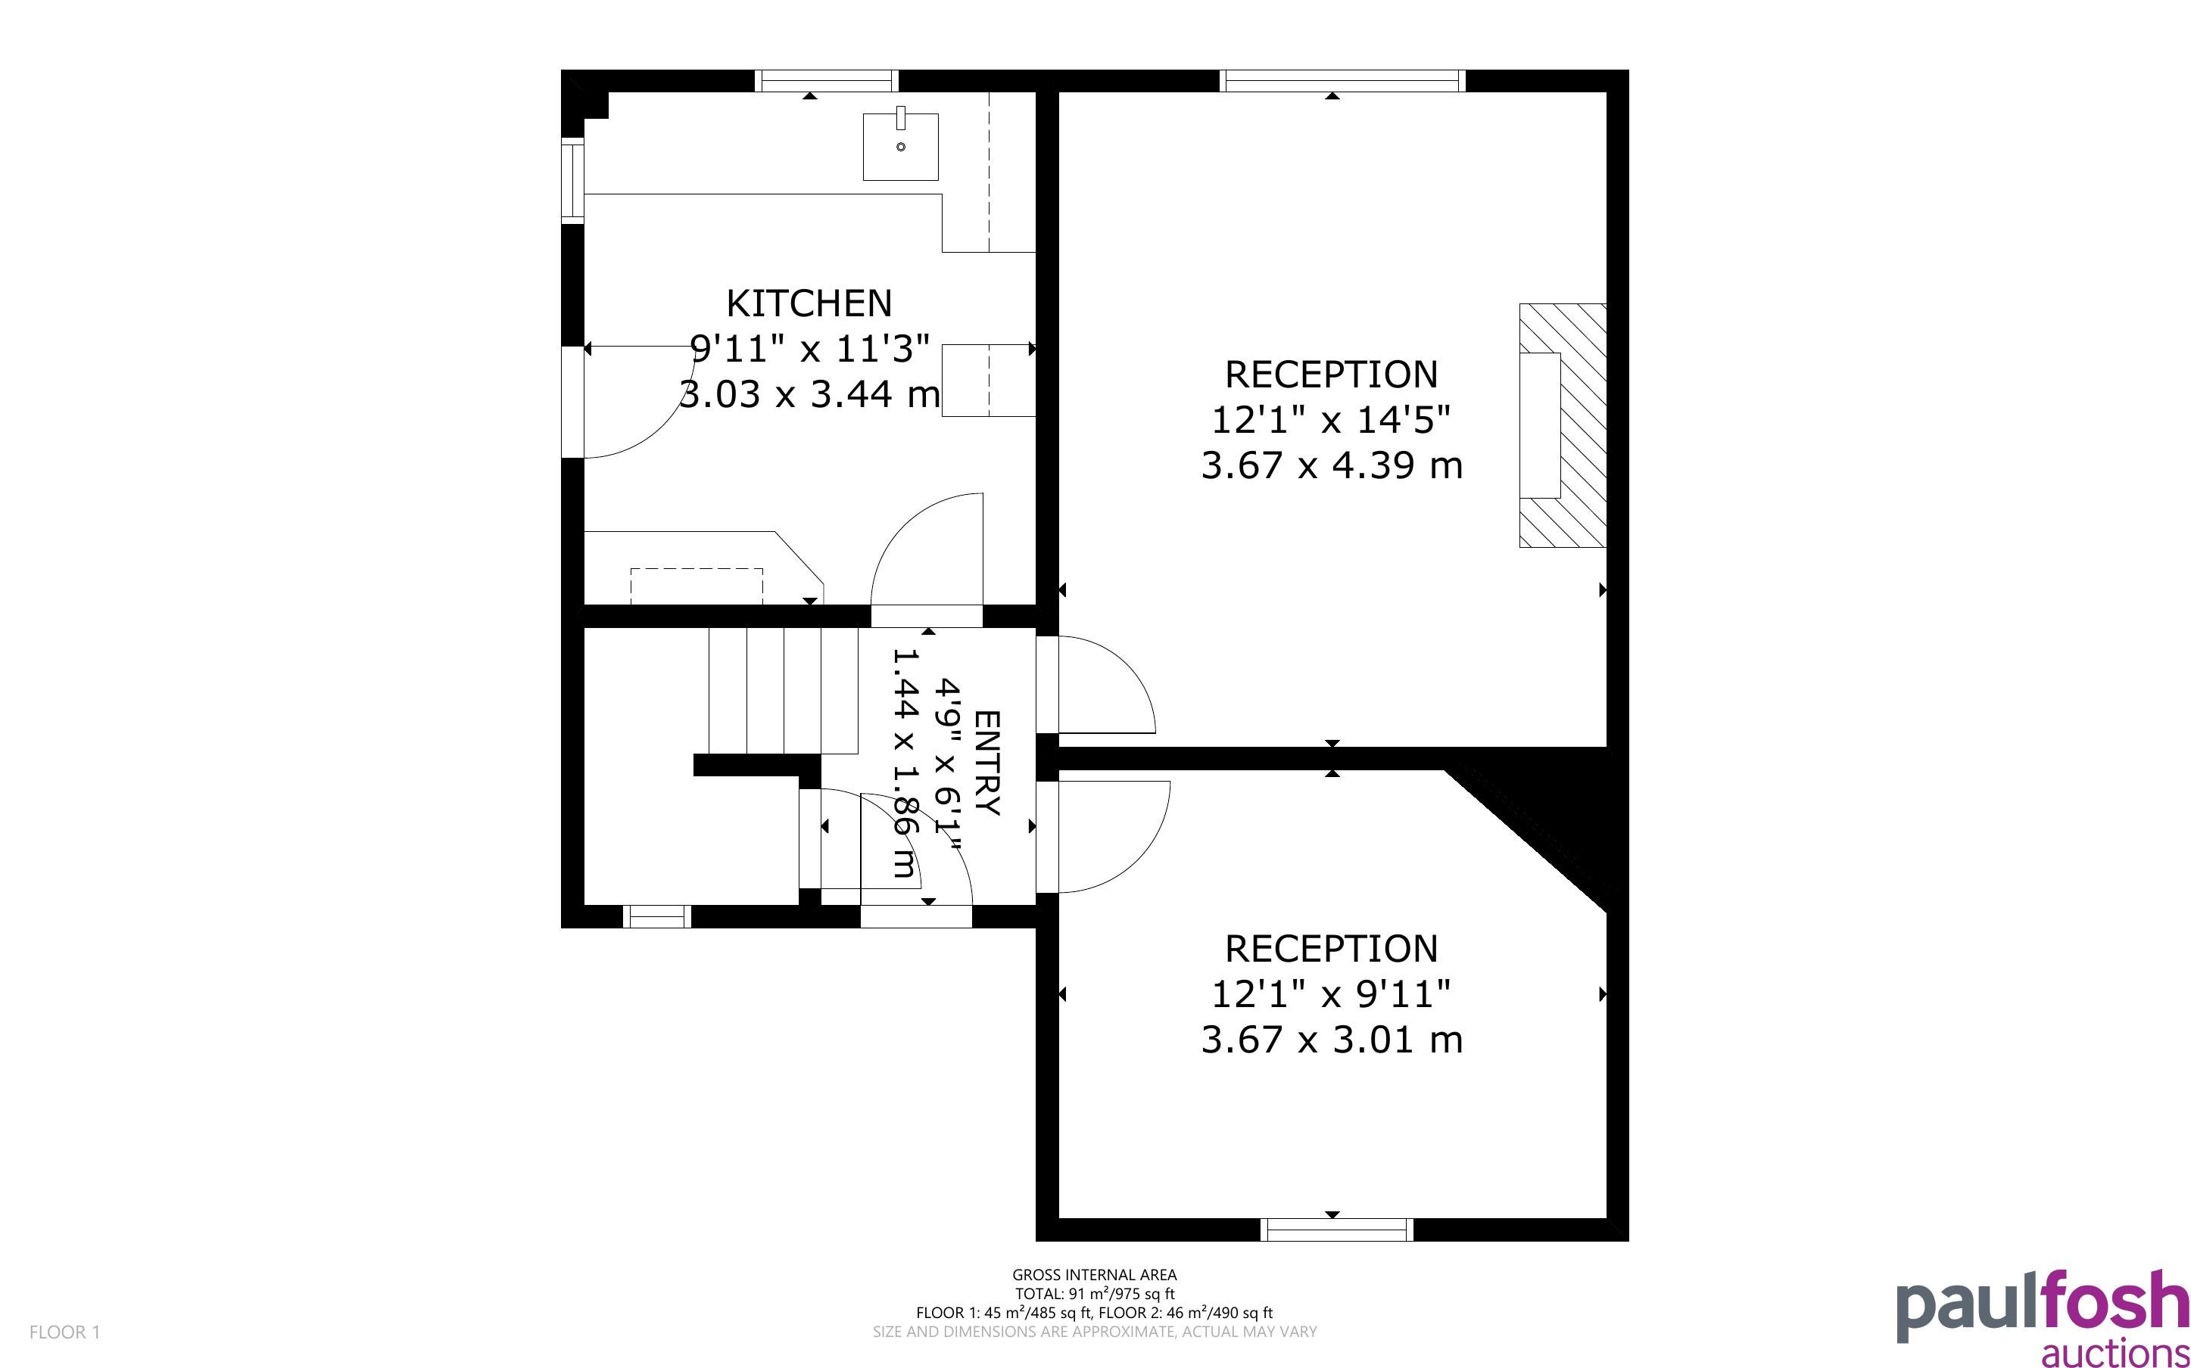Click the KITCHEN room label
coord(809,303)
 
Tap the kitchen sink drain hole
coord(900,147)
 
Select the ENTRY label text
coord(987,763)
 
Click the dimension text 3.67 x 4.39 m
coord(1331,465)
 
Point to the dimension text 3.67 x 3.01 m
coord(1331,1040)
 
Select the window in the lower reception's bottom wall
coord(1337,1230)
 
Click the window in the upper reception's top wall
coord(1342,80)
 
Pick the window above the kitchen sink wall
coord(826,80)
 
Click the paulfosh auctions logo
coord(2043,1317)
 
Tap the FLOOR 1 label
coord(64,1332)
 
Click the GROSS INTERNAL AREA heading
coord(1094,1275)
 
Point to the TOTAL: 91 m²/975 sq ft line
coord(1094,1294)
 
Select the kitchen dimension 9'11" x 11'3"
coord(810,348)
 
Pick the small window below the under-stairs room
coord(658,916)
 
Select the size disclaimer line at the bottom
coord(1094,1332)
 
